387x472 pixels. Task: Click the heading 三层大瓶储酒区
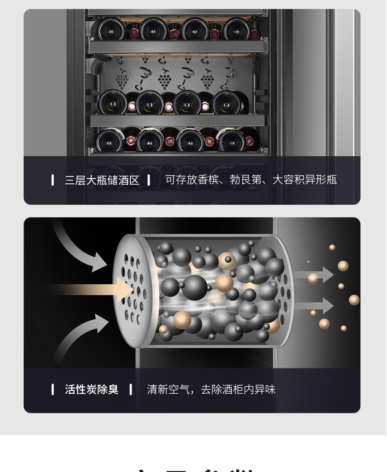(x=102, y=180)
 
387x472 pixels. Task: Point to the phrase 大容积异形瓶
(x=304, y=180)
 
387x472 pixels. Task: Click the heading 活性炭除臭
(x=92, y=390)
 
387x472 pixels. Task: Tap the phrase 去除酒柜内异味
(x=238, y=390)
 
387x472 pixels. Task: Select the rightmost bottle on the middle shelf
(x=226, y=102)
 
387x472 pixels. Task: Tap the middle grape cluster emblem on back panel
(x=165, y=79)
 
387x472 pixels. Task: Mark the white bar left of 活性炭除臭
(x=53, y=390)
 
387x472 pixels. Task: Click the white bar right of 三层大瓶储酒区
(x=149, y=180)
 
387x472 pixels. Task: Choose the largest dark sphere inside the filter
(x=195, y=287)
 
